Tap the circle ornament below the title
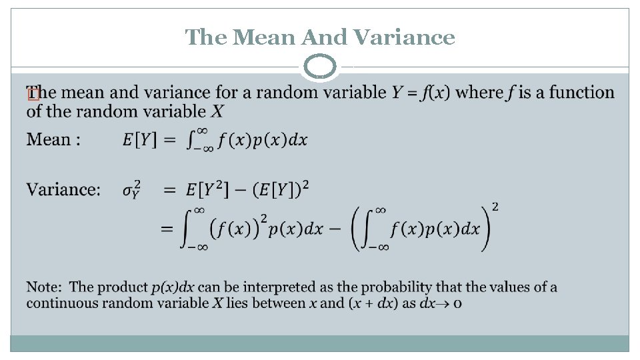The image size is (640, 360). [x=321, y=67]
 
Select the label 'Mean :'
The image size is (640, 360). [x=54, y=140]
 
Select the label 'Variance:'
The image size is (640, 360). [x=63, y=190]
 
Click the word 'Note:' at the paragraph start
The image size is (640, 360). [x=45, y=287]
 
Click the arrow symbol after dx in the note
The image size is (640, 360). [x=445, y=303]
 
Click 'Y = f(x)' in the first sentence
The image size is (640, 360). [x=420, y=93]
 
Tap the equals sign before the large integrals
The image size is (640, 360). [x=167, y=229]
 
